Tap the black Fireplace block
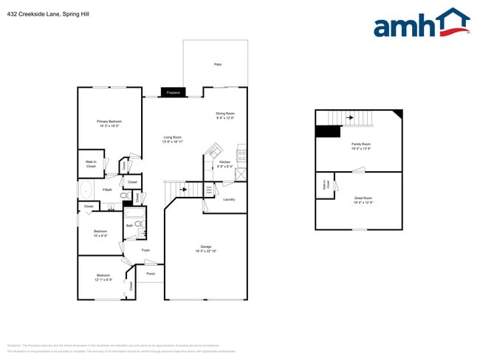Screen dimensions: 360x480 click(x=173, y=92)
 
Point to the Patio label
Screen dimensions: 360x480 click(x=218, y=65)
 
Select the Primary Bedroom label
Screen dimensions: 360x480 click(x=109, y=121)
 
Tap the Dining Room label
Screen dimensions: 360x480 click(x=224, y=113)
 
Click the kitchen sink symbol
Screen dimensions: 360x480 click(x=215, y=151)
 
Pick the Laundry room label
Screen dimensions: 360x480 click(x=229, y=199)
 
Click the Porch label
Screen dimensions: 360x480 click(x=151, y=274)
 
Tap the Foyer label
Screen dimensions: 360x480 click(x=136, y=250)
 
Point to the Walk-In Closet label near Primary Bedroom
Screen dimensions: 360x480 click(x=92, y=163)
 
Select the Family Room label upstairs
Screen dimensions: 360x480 click(x=360, y=144)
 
